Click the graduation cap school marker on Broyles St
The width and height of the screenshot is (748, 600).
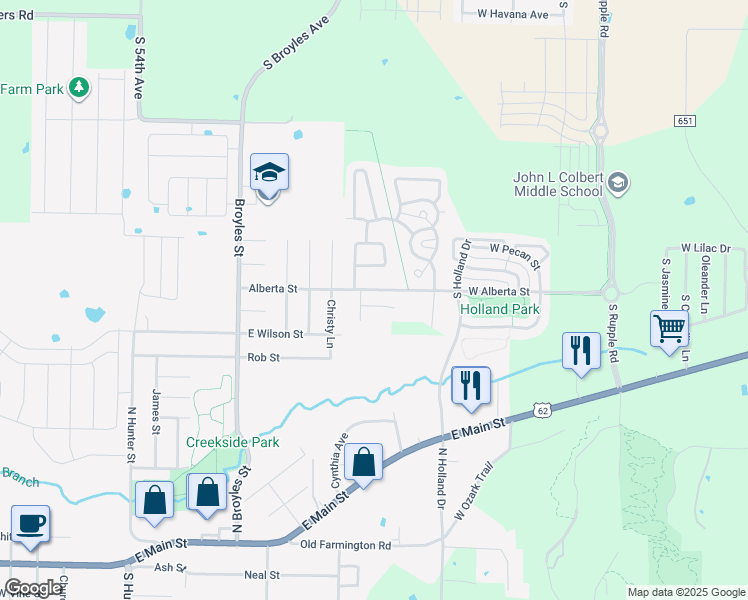[x=269, y=175]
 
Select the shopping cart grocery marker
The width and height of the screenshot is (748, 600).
[x=669, y=328]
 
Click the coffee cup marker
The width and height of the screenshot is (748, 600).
[x=30, y=524]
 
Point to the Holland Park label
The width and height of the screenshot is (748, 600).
[x=499, y=310]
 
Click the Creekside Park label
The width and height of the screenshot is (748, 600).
[x=232, y=442]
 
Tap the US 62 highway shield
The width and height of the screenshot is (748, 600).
[x=543, y=410]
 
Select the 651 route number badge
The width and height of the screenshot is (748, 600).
[x=685, y=120]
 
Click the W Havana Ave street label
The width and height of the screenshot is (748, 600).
[x=513, y=14]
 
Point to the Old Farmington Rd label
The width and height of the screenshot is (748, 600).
[x=346, y=545]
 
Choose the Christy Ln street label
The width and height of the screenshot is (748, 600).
[x=330, y=322]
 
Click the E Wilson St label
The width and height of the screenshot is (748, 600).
[x=275, y=334]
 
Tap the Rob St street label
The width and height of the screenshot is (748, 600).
[x=263, y=357]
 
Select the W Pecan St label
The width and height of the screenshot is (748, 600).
[x=515, y=254]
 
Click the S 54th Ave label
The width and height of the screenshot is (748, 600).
[x=139, y=68]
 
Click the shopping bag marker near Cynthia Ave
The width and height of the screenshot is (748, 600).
[x=364, y=463]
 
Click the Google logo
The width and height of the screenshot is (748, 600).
[x=33, y=589]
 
